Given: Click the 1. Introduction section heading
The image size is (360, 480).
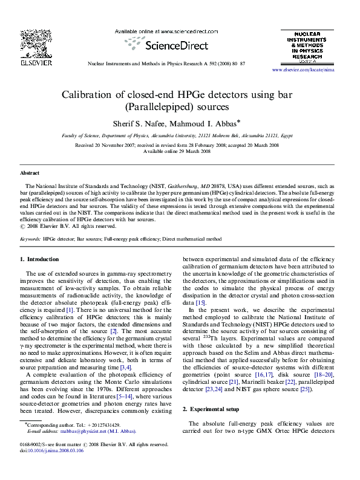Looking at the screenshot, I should coord(39,259).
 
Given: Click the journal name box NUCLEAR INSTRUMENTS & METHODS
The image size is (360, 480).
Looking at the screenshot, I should coord(312,44).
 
